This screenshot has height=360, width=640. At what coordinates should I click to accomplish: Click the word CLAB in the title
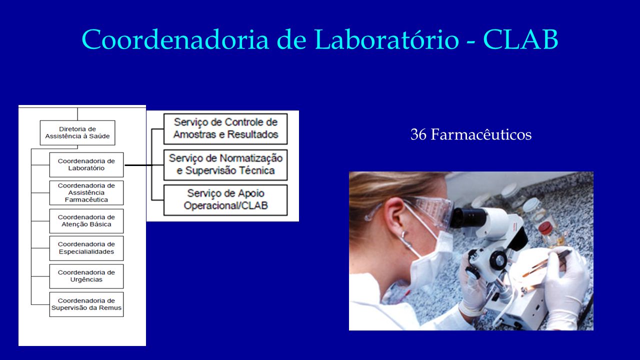pyautogui.click(x=520, y=39)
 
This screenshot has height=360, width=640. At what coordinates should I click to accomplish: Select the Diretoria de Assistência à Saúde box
pyautogui.click(x=77, y=133)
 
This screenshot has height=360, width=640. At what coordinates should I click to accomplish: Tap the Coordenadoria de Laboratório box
pyautogui.click(x=86, y=165)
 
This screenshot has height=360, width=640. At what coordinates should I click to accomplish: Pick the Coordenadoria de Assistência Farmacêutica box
pyautogui.click(x=86, y=192)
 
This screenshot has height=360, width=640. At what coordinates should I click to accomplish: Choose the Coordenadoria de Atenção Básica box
pyautogui.click(x=86, y=221)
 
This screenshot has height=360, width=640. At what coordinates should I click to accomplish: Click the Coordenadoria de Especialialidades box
pyautogui.click(x=86, y=248)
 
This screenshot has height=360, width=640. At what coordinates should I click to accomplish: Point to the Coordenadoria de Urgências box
pyautogui.click(x=86, y=276)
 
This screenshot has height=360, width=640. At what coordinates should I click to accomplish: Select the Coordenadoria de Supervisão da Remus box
pyautogui.click(x=86, y=304)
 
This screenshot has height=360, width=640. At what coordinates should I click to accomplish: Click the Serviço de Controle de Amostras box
pyautogui.click(x=225, y=129)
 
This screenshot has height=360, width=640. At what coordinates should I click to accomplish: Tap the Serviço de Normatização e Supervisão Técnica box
pyautogui.click(x=225, y=165)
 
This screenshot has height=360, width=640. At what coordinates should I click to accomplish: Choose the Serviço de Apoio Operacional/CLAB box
pyautogui.click(x=225, y=200)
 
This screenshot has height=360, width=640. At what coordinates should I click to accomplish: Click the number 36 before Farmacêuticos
pyautogui.click(x=418, y=134)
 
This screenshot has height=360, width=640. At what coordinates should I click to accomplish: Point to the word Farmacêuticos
pyautogui.click(x=481, y=134)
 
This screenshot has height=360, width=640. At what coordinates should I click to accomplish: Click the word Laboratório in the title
pyautogui.click(x=387, y=39)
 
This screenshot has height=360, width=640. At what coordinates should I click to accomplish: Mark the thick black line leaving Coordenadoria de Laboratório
pyautogui.click(x=139, y=165)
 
